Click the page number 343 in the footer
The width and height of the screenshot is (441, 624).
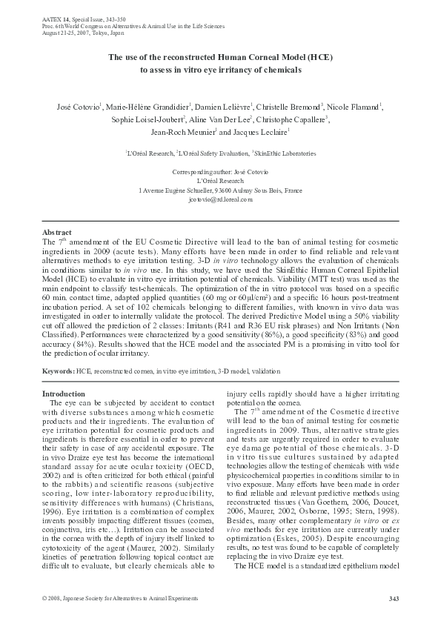click(x=394, y=599)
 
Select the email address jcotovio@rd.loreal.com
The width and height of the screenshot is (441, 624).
click(x=220, y=200)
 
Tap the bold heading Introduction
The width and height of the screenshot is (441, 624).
click(x=64, y=393)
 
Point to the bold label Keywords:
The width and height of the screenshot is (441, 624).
click(x=58, y=369)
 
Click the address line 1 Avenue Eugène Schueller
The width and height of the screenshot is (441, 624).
click(x=220, y=190)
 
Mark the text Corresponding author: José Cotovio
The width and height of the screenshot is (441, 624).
click(x=220, y=171)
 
